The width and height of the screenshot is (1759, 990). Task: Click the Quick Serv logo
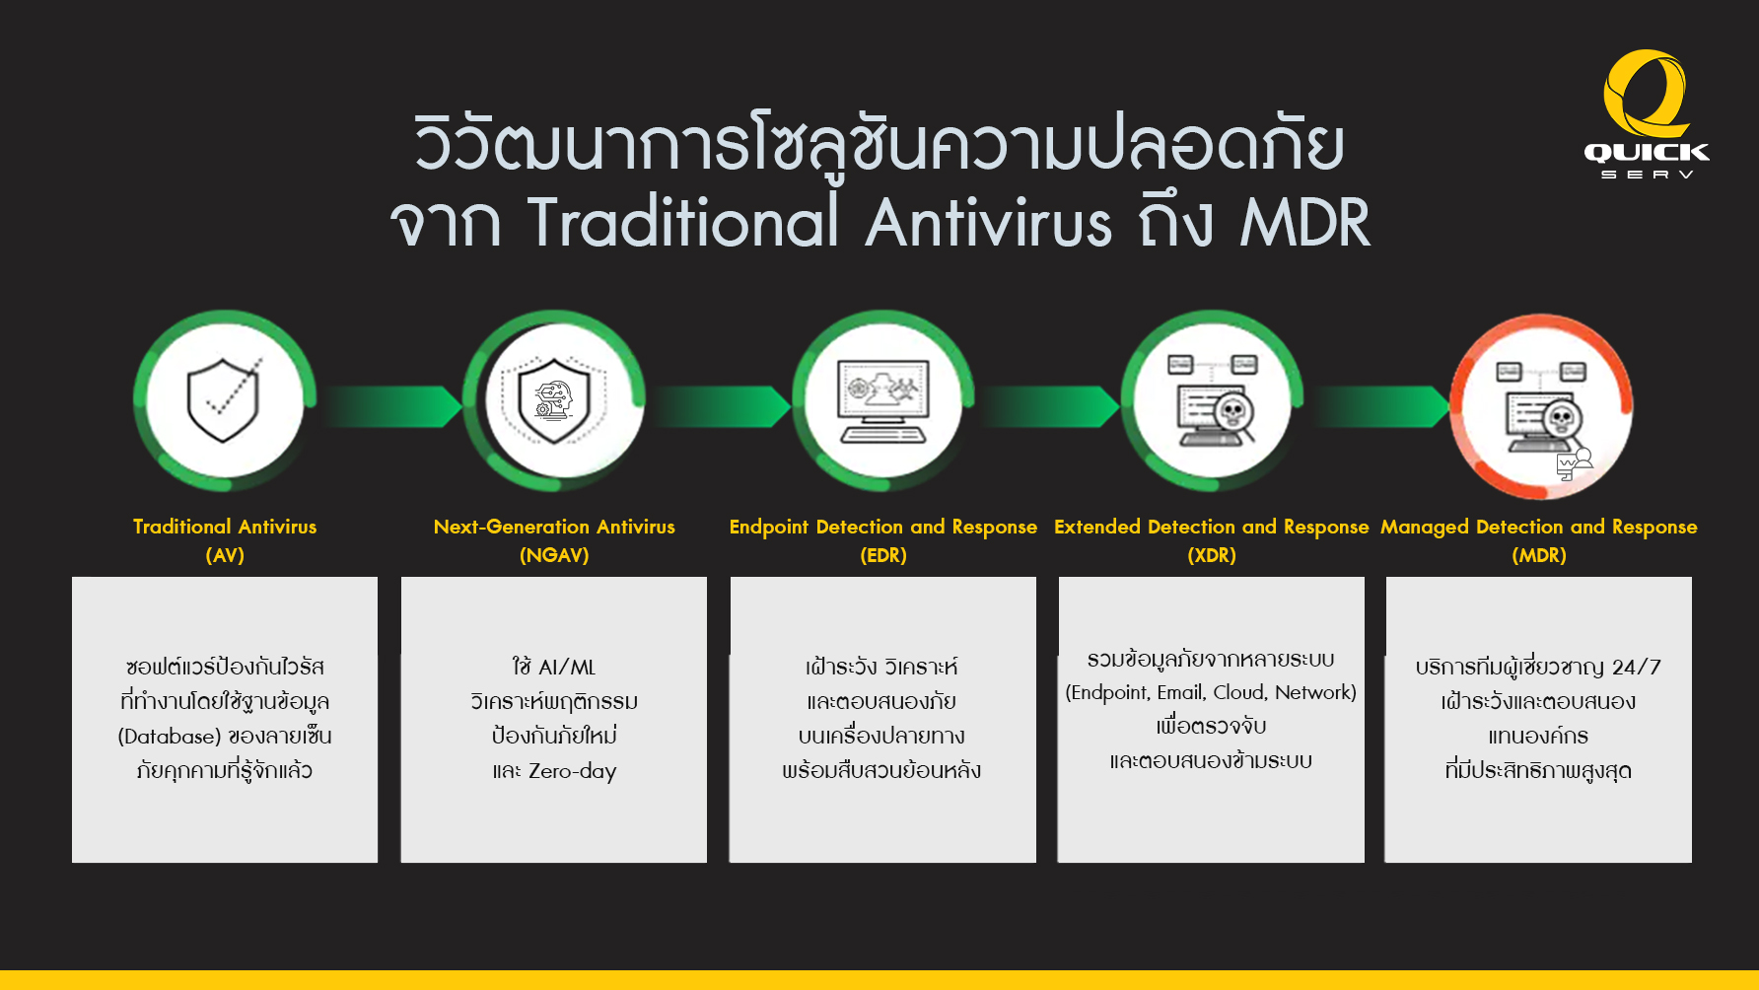click(1646, 114)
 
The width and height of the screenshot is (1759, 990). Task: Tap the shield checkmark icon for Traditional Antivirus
click(224, 399)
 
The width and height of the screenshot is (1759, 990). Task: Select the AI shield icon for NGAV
click(553, 400)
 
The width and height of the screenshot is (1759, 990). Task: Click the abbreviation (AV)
click(225, 555)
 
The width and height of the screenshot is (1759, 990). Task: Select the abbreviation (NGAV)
click(554, 555)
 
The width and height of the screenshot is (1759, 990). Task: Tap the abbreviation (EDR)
click(883, 555)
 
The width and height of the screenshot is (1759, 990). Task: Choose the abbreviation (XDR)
click(1212, 555)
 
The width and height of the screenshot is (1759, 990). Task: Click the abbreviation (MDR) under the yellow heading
click(1539, 555)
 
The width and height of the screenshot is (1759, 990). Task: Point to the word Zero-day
click(572, 771)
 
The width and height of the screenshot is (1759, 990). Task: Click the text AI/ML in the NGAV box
click(567, 668)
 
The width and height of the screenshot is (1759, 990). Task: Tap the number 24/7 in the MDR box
click(1637, 668)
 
